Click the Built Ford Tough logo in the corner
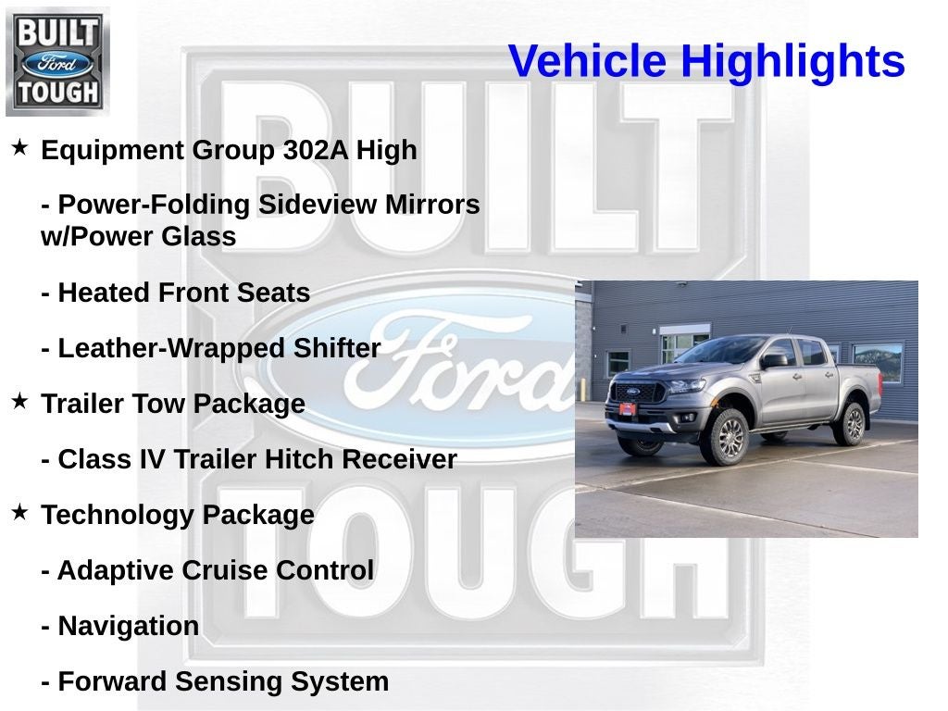57,61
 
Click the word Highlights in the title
792,62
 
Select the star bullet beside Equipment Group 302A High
19,147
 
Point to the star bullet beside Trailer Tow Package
19,401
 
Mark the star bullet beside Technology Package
19,512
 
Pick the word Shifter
337,349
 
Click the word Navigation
128,627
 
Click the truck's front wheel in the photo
726,436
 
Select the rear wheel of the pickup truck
849,423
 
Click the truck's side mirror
773,361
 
